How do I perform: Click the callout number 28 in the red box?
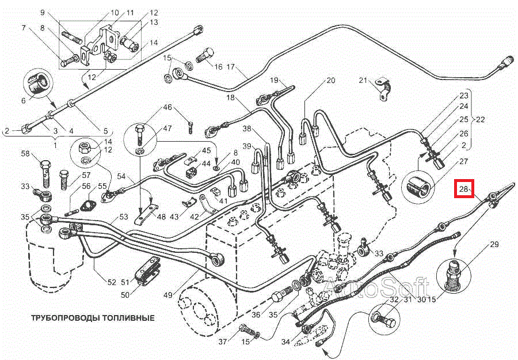pyautogui.click(x=463, y=188)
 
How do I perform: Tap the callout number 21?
pyautogui.click(x=363, y=80)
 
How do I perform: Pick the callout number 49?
pyautogui.click(x=168, y=295)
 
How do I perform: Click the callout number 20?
pyautogui.click(x=330, y=81)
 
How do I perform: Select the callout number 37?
pyautogui.click(x=223, y=343)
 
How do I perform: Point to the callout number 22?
pyautogui.click(x=481, y=120)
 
